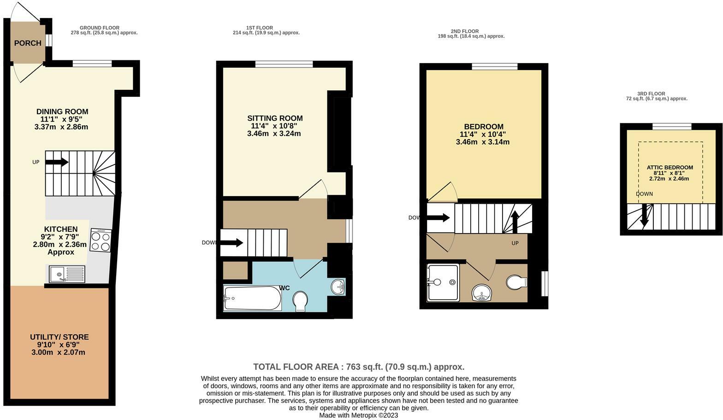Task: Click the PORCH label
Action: point(28,43)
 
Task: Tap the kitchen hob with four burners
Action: point(101,240)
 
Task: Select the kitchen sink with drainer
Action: point(67,274)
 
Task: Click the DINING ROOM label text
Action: point(62,111)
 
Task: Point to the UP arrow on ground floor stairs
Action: point(57,162)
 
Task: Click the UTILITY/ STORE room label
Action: point(59,337)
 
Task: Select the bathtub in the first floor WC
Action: point(252,298)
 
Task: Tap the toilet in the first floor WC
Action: point(301,301)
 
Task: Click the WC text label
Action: point(284,288)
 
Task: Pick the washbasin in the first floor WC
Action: point(338,286)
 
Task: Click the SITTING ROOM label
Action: point(275,118)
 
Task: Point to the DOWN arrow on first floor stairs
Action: point(232,242)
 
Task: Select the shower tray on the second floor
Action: point(443,282)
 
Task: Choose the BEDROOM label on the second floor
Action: point(483,127)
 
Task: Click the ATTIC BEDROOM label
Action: point(670,167)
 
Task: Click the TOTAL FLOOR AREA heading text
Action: point(358,367)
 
